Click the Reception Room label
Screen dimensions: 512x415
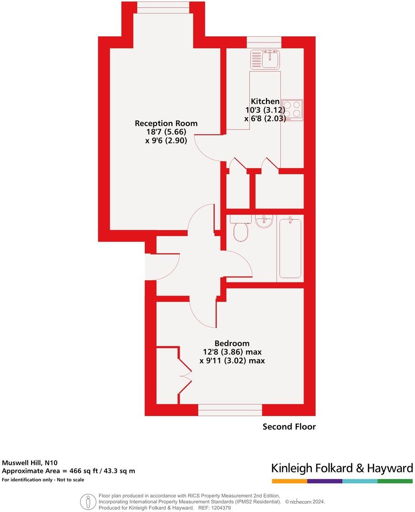[x=166, y=123]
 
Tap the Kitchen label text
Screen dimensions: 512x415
[x=265, y=101]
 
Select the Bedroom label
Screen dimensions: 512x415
[x=232, y=343]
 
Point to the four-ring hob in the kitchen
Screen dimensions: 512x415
[x=292, y=109]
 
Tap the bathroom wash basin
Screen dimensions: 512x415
[x=264, y=222]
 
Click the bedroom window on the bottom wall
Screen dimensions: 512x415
[x=230, y=410]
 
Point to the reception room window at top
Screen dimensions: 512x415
[x=163, y=7]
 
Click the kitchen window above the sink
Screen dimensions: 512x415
[x=265, y=42]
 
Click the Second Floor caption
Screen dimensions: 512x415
[x=289, y=427]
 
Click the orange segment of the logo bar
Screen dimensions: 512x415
[x=289, y=481]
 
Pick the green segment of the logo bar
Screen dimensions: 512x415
[x=395, y=481]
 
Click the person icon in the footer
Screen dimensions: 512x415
[x=87, y=501]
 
